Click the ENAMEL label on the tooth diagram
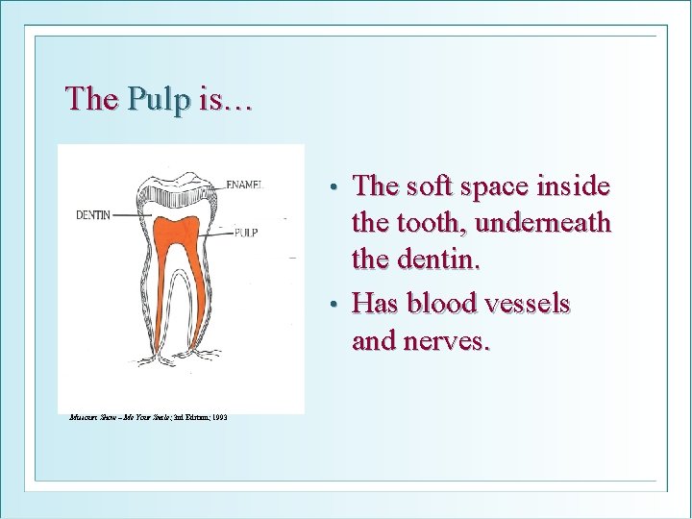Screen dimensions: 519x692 point(249,183)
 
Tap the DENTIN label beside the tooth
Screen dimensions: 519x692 point(93,214)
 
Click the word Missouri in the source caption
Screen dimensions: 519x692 point(84,417)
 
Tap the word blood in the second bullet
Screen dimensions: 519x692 point(443,303)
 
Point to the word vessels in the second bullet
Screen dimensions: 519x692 point(529,303)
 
